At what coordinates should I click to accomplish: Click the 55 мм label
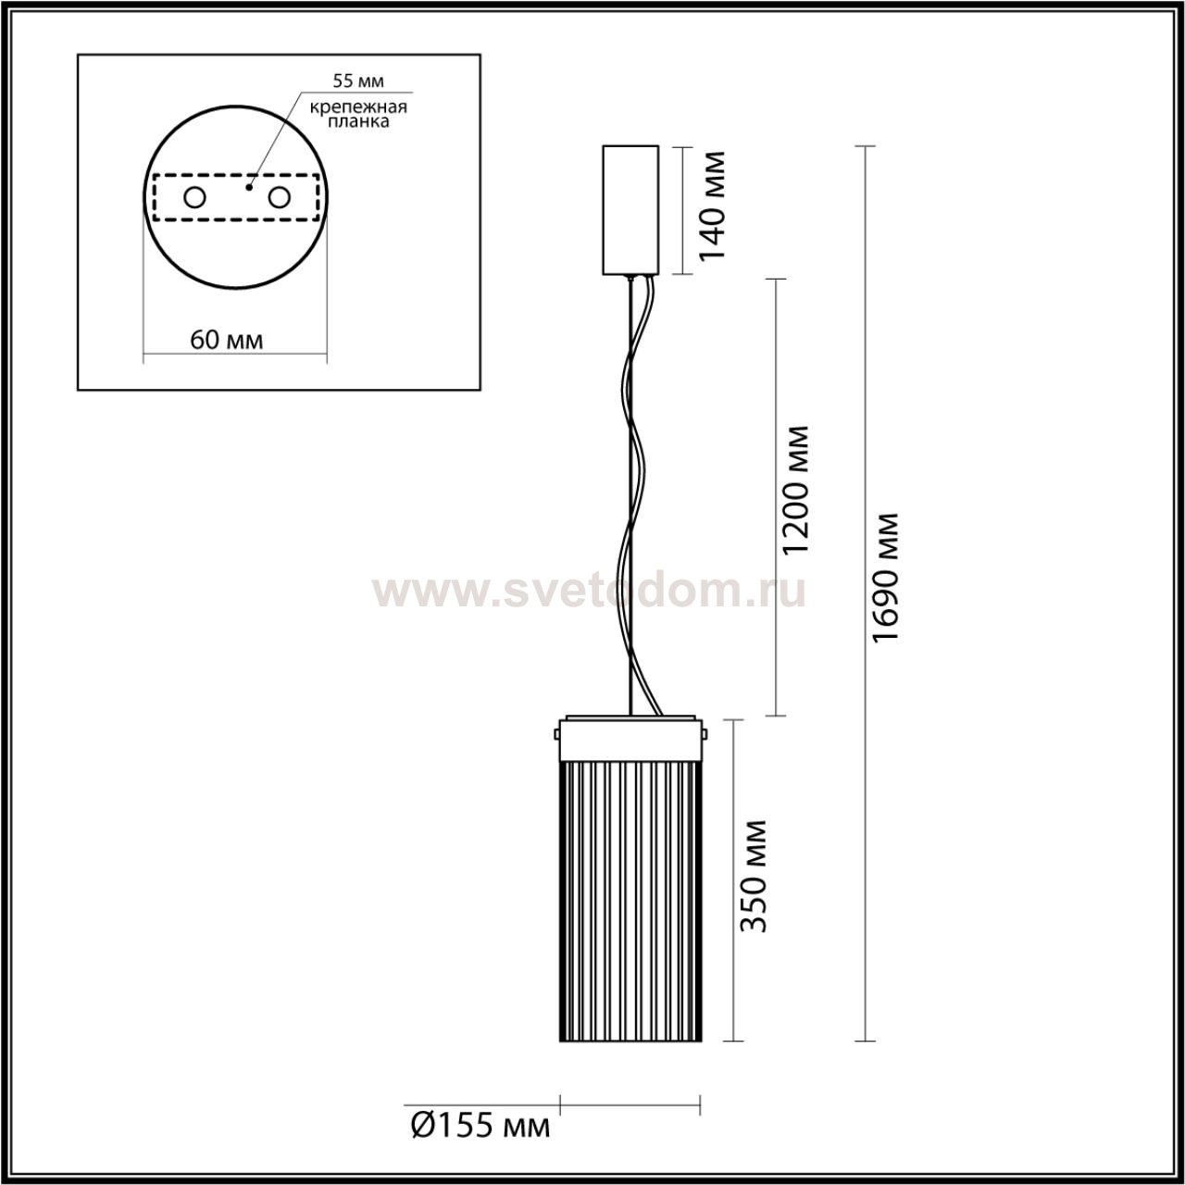[x=358, y=81]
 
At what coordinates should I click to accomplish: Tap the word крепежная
[x=358, y=107]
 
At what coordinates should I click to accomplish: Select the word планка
[x=358, y=122]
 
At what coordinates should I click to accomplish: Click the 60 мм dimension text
[x=226, y=340]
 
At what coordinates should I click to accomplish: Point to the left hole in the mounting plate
[x=195, y=198]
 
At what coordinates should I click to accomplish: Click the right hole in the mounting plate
[x=279, y=198]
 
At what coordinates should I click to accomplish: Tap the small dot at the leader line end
[x=249, y=186]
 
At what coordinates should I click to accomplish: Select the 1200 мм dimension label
[x=794, y=490]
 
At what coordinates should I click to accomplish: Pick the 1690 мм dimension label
[x=886, y=578]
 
